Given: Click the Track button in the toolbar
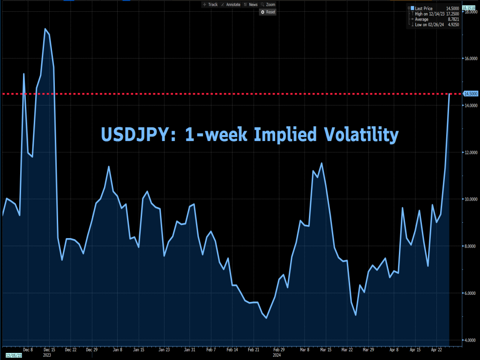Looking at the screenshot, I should click(210, 5).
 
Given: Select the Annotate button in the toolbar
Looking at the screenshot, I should click(231, 5).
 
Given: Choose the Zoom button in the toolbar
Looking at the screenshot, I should click(269, 5).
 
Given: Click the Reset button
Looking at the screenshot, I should click(268, 12).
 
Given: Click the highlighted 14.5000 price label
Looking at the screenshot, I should click(470, 94).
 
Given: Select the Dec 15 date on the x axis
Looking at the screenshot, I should click(49, 349).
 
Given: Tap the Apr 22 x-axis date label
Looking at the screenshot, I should click(436, 349).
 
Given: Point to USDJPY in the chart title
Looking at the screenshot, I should click(129, 135).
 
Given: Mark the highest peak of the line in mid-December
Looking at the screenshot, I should click(45, 29).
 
